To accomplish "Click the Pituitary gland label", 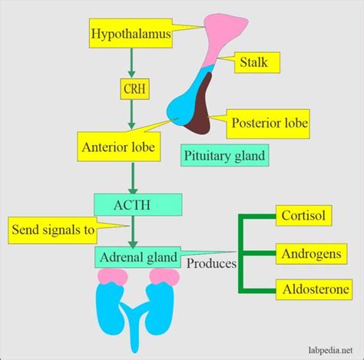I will (x=224, y=157).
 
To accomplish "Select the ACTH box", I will (x=138, y=204).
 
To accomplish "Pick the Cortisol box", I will (x=313, y=216).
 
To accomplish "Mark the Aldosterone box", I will (x=313, y=290).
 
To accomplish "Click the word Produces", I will (x=210, y=265).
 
